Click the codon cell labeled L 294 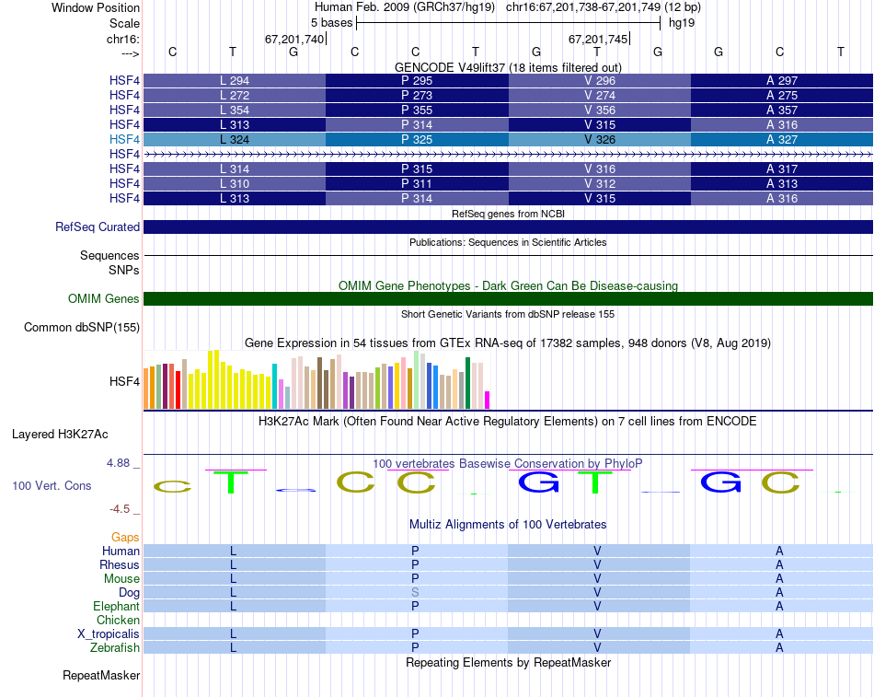click(x=235, y=80)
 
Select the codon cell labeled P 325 click(x=417, y=139)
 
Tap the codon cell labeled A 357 click(x=782, y=110)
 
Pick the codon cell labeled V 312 click(x=600, y=184)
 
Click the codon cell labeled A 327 click(x=782, y=139)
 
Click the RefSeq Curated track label click(x=98, y=227)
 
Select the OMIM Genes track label click(x=104, y=298)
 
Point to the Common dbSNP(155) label click(x=82, y=327)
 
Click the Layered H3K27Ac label click(x=73, y=434)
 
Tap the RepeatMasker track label click(x=101, y=676)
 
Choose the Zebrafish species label click(x=115, y=647)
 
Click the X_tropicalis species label click(x=109, y=633)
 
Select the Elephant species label click(x=116, y=606)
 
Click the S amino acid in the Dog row click(x=416, y=592)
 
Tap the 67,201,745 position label click(x=598, y=40)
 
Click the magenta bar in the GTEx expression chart click(x=488, y=400)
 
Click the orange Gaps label click(x=125, y=537)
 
